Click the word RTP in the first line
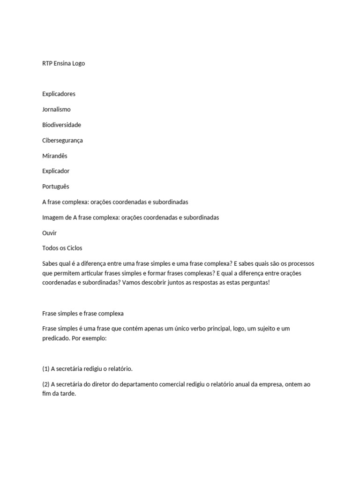pos(47,63)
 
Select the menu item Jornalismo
pos(56,109)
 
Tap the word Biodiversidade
pos(61,125)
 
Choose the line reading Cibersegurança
pos(62,140)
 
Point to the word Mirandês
pos(55,156)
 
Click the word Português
pos(55,187)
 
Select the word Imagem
pos(53,217)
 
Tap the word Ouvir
pos(49,233)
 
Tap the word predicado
pos(56,338)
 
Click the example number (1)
pos(46,368)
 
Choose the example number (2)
pos(46,384)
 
